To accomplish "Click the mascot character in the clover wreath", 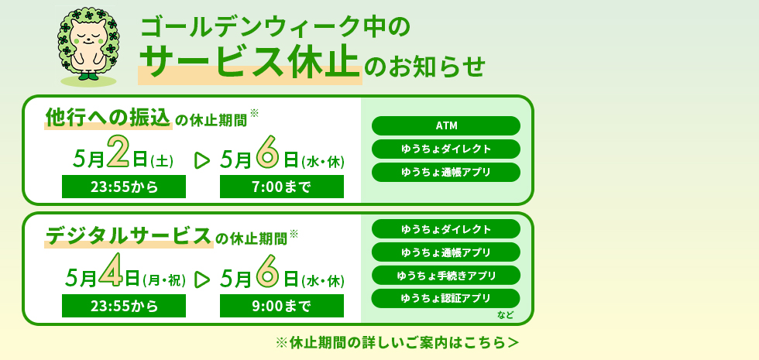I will point(88,45).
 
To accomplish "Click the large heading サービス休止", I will point(249,63).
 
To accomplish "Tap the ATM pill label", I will point(446,126).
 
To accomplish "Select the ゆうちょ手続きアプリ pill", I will point(446,276).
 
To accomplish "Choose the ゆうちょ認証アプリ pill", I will point(446,298).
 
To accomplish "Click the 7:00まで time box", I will point(281,187).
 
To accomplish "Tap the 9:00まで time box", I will point(281,306).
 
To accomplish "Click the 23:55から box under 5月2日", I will point(124,187).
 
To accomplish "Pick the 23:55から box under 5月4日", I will point(124,306).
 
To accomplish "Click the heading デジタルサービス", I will point(129,235).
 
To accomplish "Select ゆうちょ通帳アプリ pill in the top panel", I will point(446,172).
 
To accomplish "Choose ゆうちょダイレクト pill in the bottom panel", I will point(446,229).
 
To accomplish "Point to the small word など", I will point(506,315).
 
